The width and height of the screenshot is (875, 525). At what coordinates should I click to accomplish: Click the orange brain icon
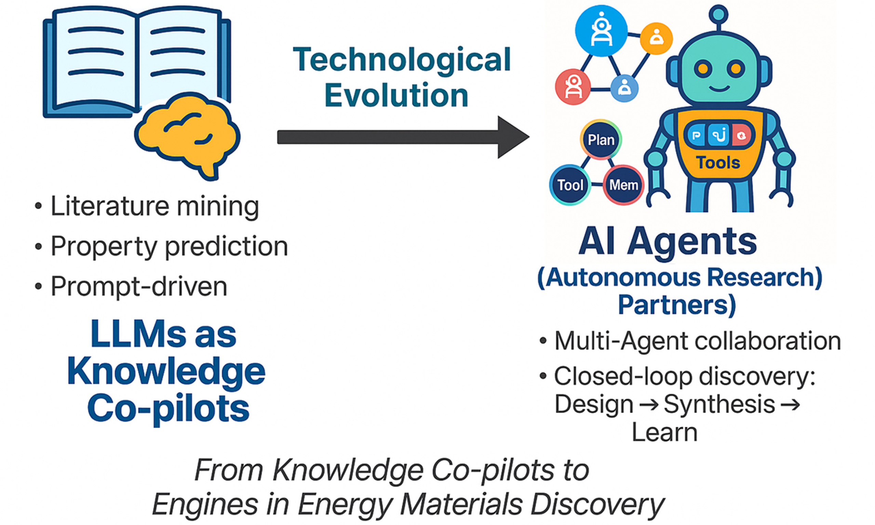[187, 136]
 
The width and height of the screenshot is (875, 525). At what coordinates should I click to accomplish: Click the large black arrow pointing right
[403, 137]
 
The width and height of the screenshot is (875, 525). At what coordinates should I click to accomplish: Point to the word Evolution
[396, 95]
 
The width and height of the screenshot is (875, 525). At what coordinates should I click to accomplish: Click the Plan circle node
[601, 140]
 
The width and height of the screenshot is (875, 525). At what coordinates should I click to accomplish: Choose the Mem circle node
[623, 185]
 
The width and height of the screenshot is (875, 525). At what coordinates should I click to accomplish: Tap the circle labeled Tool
[570, 185]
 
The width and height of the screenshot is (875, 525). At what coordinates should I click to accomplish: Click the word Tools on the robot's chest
[718, 163]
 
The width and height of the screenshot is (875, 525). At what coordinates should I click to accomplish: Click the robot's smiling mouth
[719, 88]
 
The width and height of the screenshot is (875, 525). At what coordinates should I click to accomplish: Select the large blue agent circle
[601, 30]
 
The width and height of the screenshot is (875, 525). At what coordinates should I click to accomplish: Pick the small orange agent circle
[656, 39]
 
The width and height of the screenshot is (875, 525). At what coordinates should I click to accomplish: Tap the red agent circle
[573, 87]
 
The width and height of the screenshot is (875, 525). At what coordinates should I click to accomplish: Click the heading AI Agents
[668, 242]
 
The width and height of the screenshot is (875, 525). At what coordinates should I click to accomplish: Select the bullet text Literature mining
[155, 206]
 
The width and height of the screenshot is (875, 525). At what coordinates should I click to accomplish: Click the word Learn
[664, 432]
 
